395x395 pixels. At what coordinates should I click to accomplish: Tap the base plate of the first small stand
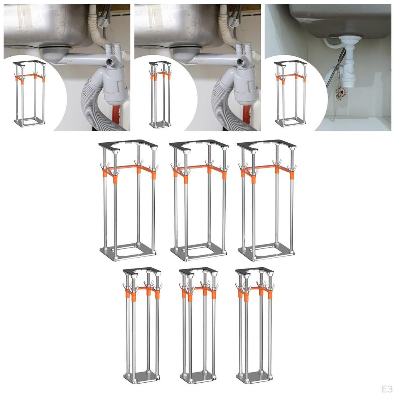[142, 377]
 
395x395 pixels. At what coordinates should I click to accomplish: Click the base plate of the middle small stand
[198, 377]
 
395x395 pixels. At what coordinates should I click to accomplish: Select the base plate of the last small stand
[254, 377]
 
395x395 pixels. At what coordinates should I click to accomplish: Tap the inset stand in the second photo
[160, 95]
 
